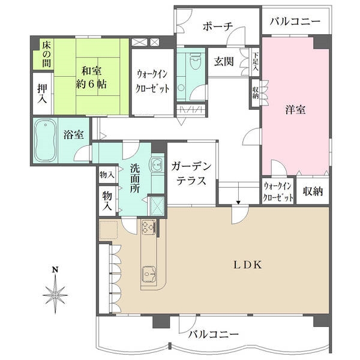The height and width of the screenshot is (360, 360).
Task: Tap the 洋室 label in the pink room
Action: click(295, 110)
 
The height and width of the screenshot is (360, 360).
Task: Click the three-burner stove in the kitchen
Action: click(148, 227)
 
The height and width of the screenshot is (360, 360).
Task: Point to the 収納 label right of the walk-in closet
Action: click(313, 191)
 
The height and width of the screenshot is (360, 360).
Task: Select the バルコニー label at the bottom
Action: click(213, 334)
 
